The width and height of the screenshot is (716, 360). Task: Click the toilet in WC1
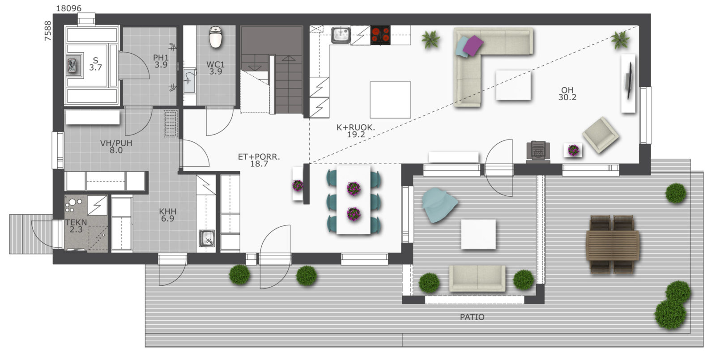click(216, 37)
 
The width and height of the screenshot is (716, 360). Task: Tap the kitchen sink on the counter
click(341, 35)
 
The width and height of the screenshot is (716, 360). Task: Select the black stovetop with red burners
click(380, 35)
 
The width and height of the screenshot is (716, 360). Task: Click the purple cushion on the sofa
click(473, 45)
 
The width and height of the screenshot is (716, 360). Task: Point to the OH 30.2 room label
click(567, 93)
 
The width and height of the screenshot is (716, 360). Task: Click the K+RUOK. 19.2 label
click(356, 131)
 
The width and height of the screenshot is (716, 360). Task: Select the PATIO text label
click(472, 317)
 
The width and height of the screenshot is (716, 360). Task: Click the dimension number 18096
click(69, 8)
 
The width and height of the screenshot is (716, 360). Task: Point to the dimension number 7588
click(47, 31)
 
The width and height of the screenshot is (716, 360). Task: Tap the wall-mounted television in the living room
click(629, 80)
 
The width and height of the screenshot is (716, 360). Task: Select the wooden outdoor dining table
click(613, 245)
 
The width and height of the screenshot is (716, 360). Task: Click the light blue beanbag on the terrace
click(439, 204)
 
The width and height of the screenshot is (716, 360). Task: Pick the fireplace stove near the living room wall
click(538, 151)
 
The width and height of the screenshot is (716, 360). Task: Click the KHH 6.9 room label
click(167, 215)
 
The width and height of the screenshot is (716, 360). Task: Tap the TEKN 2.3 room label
click(76, 226)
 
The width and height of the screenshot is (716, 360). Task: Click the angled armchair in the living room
click(601, 135)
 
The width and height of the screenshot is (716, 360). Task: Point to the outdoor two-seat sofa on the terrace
click(477, 278)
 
